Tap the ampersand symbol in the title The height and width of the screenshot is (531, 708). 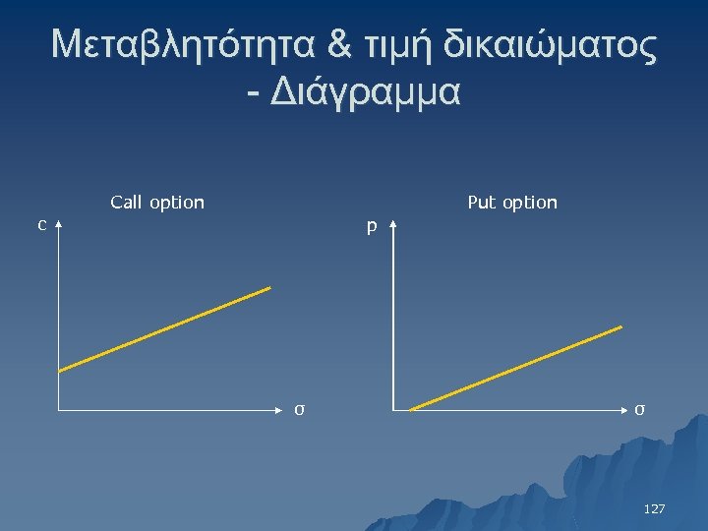(339, 45)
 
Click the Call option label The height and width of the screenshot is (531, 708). (157, 203)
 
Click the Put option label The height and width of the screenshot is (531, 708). (512, 203)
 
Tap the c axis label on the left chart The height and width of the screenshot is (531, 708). (41, 225)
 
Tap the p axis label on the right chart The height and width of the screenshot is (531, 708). (372, 227)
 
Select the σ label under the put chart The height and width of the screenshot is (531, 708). (639, 409)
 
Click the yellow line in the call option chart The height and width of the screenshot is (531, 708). (164, 329)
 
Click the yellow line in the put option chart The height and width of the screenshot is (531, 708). (515, 368)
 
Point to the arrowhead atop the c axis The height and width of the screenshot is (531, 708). (60, 226)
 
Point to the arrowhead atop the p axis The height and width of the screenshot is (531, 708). (392, 226)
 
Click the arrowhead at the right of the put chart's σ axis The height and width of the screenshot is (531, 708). (623, 408)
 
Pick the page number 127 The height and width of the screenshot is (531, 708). (654, 509)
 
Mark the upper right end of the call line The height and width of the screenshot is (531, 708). (268, 288)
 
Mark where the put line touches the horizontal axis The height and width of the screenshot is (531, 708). (410, 408)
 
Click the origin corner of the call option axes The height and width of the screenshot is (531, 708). (60, 407)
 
